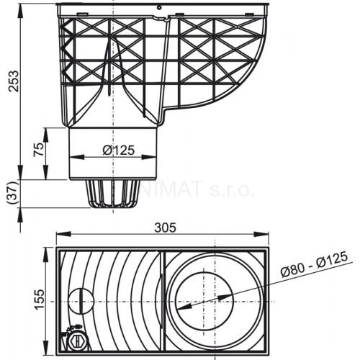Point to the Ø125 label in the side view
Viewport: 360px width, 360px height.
(x=117, y=150)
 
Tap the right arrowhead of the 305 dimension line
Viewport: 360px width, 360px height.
(x=267, y=234)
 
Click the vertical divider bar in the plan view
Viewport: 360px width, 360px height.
(x=163, y=297)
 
